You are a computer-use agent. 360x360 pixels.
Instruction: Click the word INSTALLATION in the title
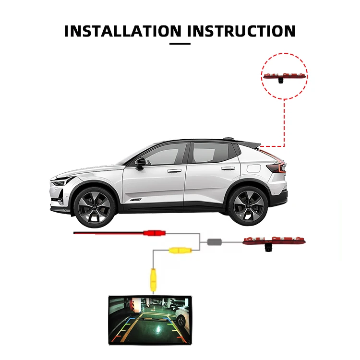tap(123, 31)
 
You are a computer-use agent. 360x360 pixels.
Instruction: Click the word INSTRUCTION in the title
tap(242, 31)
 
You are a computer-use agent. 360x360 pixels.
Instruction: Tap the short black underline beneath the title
tap(180, 44)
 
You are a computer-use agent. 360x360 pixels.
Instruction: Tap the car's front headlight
tap(62, 181)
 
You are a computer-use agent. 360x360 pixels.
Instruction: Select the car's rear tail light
tap(277, 168)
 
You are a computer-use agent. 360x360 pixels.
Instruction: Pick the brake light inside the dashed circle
tap(285, 76)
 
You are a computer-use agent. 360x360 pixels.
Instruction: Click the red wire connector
tap(153, 233)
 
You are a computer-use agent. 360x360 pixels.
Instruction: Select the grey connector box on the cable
tap(215, 241)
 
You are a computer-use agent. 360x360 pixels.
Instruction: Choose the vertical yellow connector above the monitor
tap(153, 279)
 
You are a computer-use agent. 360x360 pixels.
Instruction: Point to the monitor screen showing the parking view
tap(149, 320)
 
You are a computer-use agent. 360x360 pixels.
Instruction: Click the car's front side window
tap(163, 153)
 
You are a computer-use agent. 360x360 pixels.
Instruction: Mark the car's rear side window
tap(212, 152)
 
